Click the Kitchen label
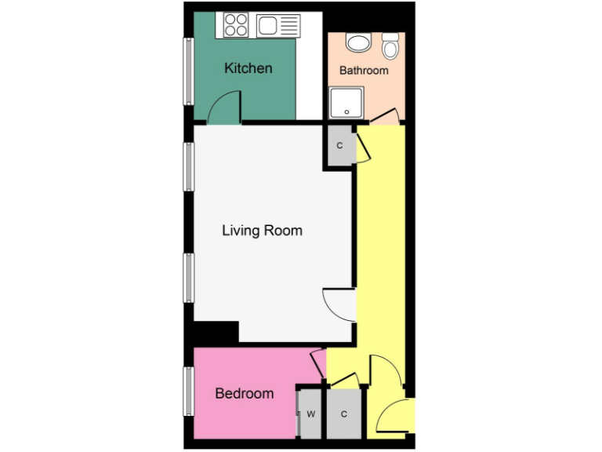tap(248, 68)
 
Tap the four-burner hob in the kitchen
tap(235, 25)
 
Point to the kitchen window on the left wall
tap(188, 71)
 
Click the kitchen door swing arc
tap(227, 104)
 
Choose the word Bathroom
tap(364, 71)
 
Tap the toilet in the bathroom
tap(390, 47)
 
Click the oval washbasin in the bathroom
tap(358, 43)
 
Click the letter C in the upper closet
tap(339, 146)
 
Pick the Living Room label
tap(262, 231)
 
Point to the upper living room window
tap(188, 166)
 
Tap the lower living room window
tap(188, 278)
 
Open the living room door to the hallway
tap(339, 303)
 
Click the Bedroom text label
tap(245, 393)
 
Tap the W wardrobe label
tap(311, 414)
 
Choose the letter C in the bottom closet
tap(343, 414)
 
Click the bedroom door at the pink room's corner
tap(318, 363)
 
